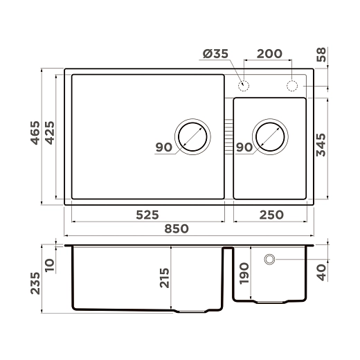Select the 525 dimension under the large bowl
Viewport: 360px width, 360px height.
click(x=147, y=215)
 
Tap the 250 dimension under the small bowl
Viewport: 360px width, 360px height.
click(x=270, y=215)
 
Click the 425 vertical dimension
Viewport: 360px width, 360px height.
click(x=49, y=136)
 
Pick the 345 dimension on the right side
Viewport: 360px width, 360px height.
click(x=321, y=147)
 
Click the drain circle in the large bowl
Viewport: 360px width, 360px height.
click(x=192, y=136)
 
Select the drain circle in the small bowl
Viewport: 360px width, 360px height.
click(x=270, y=136)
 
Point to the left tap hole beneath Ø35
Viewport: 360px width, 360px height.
click(x=244, y=86)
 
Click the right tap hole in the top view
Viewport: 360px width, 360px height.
click(x=292, y=86)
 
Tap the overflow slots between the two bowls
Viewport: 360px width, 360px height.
click(x=228, y=137)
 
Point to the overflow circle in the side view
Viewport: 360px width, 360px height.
click(x=269, y=260)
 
